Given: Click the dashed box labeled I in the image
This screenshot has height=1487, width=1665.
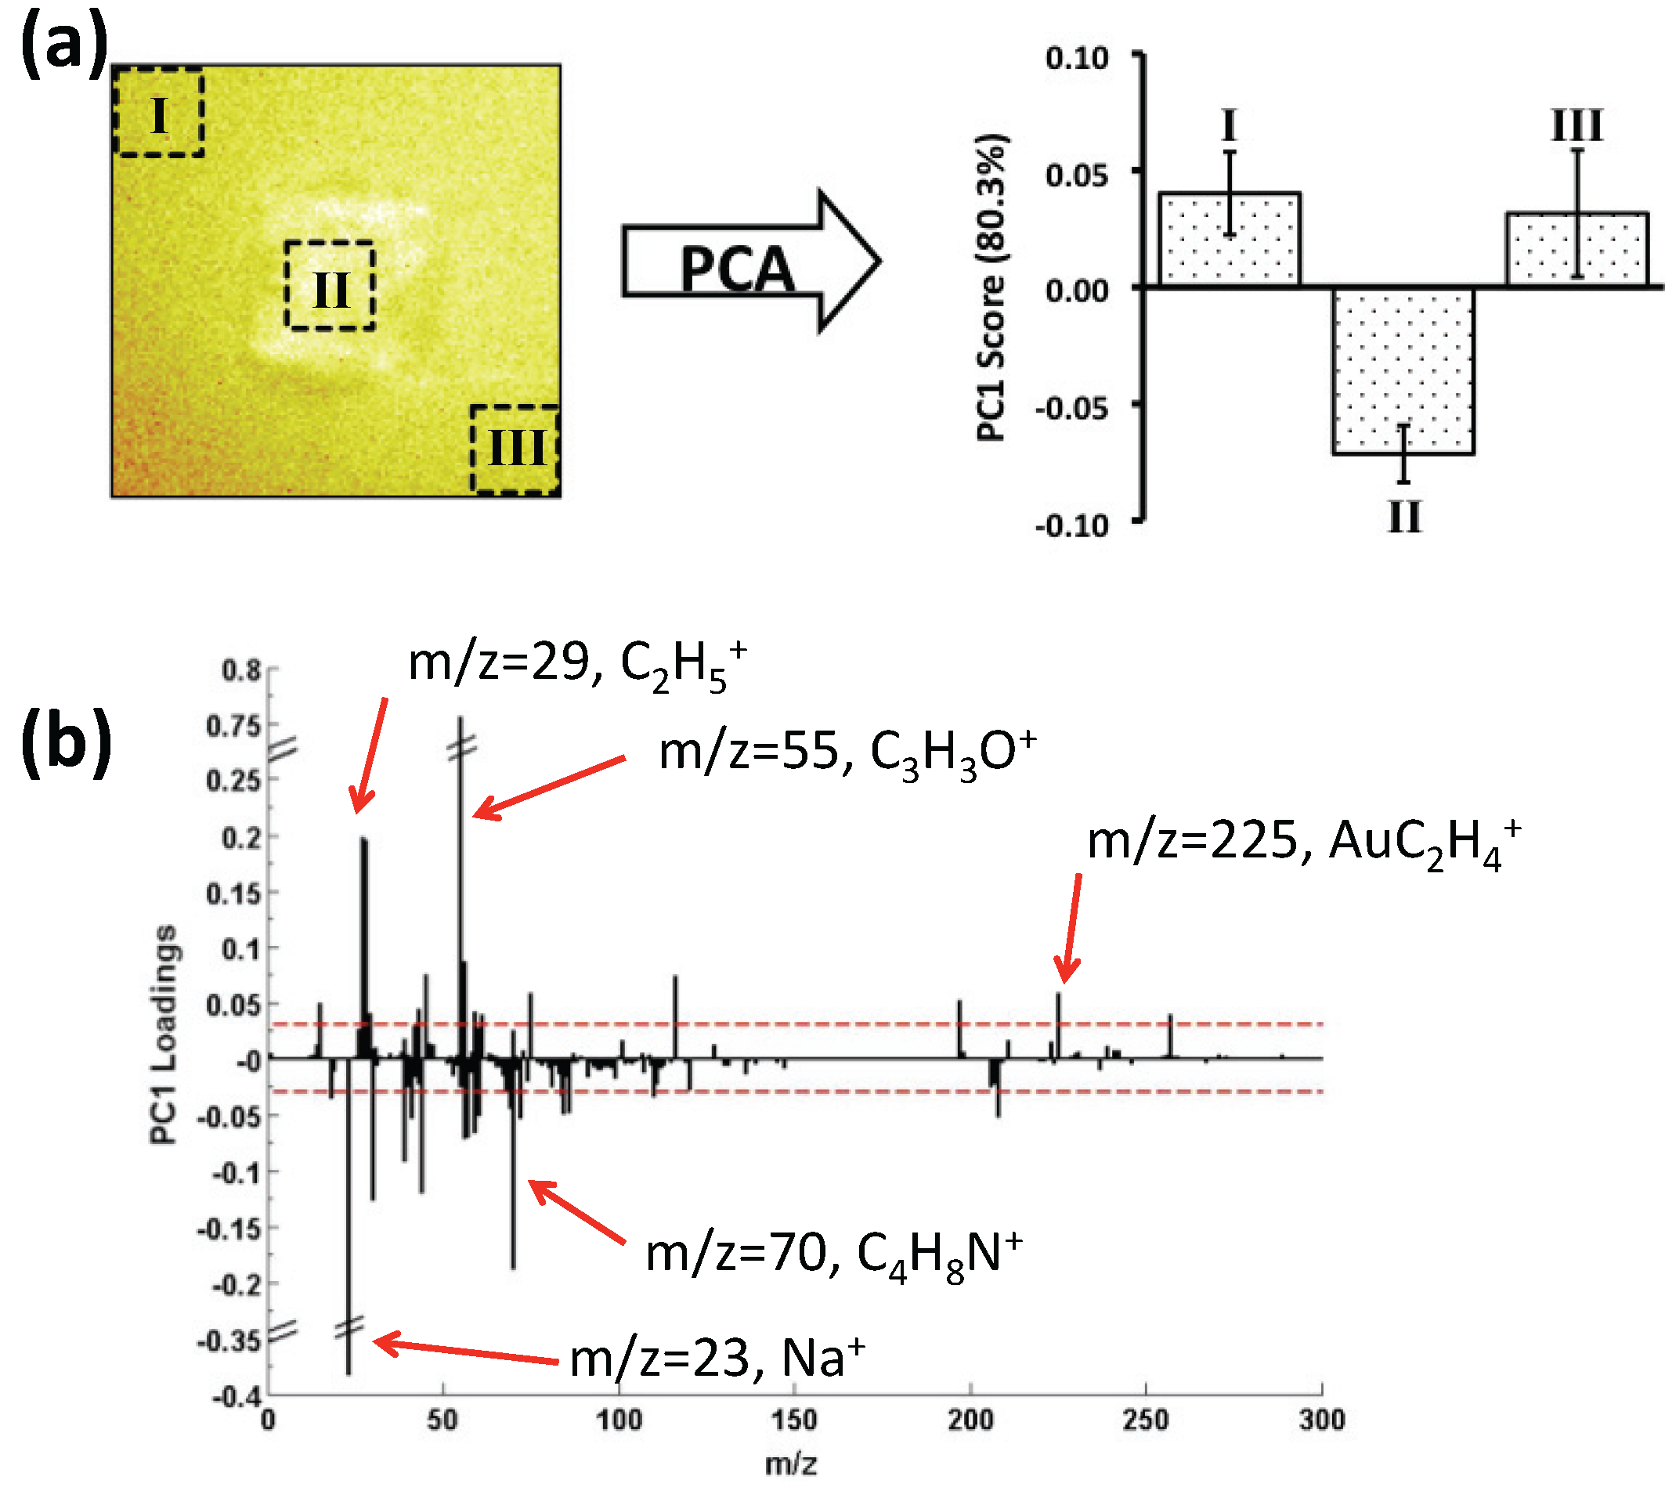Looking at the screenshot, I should tap(158, 113).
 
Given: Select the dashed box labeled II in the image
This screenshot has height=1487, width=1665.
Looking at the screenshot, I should tap(330, 285).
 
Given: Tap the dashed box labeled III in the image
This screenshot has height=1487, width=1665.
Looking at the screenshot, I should tap(515, 449).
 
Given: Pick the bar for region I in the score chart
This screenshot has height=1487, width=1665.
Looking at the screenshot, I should tap(1230, 240).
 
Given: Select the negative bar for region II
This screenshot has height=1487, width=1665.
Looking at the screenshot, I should tap(1403, 370).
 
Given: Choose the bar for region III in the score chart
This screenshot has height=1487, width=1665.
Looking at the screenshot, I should tap(1577, 249).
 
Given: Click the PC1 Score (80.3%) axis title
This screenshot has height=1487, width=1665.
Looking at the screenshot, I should tap(991, 287).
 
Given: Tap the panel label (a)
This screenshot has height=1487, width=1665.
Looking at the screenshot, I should tap(63, 45).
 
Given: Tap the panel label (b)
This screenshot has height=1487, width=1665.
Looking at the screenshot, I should tap(65, 742).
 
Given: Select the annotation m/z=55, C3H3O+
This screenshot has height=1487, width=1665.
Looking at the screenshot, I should tap(847, 753).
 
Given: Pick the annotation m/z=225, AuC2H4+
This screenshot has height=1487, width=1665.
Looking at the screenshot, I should tap(1303, 843).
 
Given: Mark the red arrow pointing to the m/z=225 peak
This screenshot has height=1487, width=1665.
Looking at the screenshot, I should tap(1071, 927).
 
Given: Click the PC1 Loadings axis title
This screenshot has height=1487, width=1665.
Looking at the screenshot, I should tap(164, 1034).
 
